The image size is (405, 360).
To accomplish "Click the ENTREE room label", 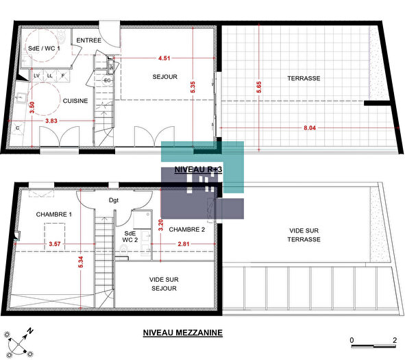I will point(89,41).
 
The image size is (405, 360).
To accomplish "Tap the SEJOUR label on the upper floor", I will point(164,77).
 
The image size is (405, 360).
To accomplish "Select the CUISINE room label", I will point(75,101).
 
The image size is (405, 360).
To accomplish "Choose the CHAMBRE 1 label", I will point(54,215).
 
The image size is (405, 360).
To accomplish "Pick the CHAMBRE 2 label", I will point(187,230).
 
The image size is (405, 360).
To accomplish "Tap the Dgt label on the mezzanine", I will point(114,201).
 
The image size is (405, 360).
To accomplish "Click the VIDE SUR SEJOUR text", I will point(163,284).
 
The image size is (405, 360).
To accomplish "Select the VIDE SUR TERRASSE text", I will point(303,236).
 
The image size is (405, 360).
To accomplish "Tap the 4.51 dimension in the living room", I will point(162,58).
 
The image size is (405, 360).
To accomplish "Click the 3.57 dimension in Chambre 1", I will point(56,243).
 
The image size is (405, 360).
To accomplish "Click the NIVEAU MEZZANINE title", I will point(183,333).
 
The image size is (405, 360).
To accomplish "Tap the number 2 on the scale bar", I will point(395,340).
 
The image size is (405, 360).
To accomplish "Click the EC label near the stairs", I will point(108,80).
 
